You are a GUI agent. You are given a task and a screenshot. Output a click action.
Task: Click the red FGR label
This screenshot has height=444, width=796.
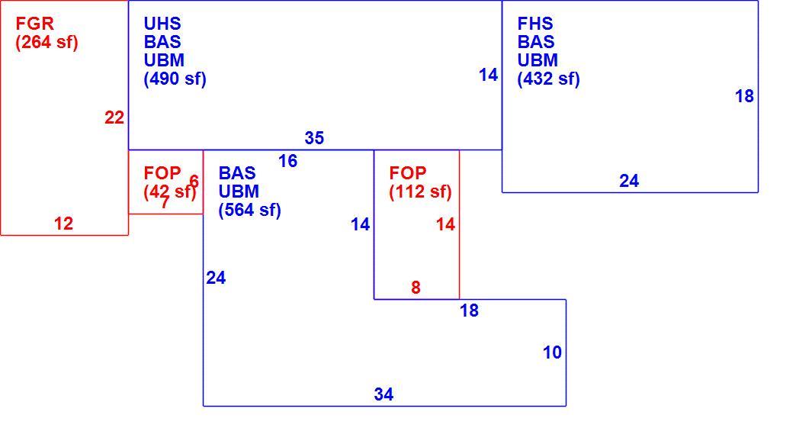coord(34,24)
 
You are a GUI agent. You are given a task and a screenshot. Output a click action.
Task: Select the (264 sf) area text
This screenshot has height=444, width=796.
coord(47,42)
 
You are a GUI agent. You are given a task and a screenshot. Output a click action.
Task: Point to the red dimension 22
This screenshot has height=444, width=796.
coord(114,117)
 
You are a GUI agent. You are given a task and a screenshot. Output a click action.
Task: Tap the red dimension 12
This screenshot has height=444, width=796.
coord(63,224)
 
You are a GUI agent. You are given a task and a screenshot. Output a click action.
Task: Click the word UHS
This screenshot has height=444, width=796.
coord(162,24)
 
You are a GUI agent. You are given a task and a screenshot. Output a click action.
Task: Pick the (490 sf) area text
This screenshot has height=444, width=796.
coord(175,79)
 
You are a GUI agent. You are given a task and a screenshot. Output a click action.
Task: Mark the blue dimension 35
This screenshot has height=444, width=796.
coord(314,137)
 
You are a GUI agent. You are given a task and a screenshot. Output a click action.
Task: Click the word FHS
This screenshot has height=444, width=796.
coord(535,24)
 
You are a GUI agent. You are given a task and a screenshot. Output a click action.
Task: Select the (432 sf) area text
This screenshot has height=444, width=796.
coord(549,79)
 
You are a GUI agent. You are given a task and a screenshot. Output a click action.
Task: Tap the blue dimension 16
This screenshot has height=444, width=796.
coord(288,161)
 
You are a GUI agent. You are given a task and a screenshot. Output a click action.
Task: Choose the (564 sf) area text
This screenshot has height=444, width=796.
coord(250,210)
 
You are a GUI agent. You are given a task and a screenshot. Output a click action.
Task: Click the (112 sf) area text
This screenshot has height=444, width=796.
coord(420,191)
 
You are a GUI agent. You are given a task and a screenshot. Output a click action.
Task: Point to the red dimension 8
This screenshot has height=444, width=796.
coord(416,288)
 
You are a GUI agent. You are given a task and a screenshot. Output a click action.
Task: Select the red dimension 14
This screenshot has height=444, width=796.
coord(446,224)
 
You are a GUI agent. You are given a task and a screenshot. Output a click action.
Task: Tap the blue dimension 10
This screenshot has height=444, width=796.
coord(552,352)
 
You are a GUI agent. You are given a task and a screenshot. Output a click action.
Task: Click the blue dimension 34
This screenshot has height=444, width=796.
coord(384,394)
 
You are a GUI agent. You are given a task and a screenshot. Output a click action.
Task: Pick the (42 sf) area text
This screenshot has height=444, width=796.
coord(170,191)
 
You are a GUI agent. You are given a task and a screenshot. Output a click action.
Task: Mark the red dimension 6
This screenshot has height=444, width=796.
coord(194,182)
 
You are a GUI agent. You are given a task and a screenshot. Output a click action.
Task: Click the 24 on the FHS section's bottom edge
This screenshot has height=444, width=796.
coord(629,181)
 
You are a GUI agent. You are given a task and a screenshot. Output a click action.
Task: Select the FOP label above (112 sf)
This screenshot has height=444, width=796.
coord(408,173)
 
